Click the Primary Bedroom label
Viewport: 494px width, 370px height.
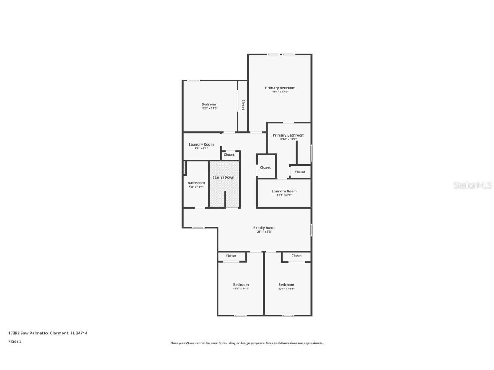(x=280, y=88)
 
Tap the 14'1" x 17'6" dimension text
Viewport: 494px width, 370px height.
(x=280, y=92)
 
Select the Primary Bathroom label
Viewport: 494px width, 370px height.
(x=289, y=135)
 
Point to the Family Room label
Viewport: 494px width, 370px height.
(x=264, y=228)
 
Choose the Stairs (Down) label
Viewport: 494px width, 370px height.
(x=224, y=177)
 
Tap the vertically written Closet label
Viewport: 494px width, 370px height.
(x=243, y=105)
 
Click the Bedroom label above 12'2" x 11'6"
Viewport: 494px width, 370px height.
(x=209, y=104)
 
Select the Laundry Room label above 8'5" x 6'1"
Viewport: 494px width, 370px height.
(x=201, y=145)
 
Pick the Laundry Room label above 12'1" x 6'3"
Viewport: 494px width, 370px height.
(x=284, y=191)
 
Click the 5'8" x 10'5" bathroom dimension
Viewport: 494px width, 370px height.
(x=196, y=187)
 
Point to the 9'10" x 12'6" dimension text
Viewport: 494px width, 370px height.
(x=288, y=139)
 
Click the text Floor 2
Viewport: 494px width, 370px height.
(x=15, y=341)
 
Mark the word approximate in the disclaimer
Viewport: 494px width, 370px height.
(x=314, y=343)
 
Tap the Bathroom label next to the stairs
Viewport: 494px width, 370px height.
(x=196, y=183)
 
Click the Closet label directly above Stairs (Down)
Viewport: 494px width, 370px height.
(x=229, y=155)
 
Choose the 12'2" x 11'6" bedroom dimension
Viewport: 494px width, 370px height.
(x=209, y=108)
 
